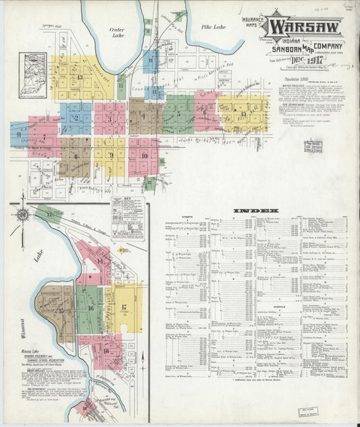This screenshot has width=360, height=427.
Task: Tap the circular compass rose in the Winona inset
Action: (x=22, y=215)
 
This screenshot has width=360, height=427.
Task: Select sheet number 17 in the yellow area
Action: (x=124, y=307)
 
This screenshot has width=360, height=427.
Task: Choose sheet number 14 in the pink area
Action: (x=100, y=261)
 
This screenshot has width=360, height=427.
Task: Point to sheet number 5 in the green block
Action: (x=178, y=113)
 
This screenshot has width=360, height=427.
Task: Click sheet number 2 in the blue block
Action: (x=76, y=118)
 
